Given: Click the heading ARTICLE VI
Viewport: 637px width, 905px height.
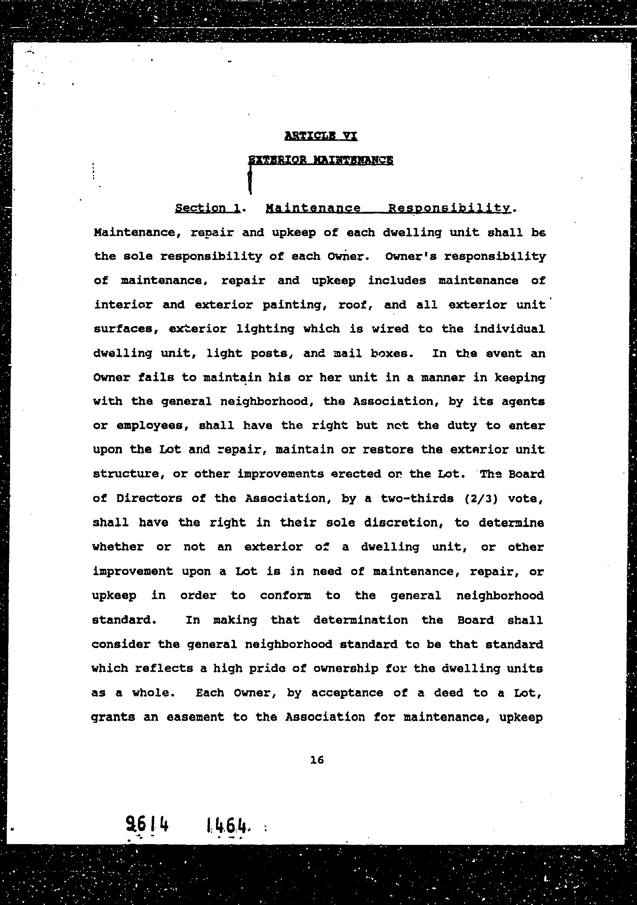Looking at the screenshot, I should [321, 136].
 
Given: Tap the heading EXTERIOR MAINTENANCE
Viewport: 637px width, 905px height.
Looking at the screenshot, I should [321, 160].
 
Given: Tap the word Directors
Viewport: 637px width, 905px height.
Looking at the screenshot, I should [149, 499].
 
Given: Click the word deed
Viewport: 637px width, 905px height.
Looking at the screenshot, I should [448, 693].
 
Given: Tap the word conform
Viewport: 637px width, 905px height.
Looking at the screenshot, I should [285, 596].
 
